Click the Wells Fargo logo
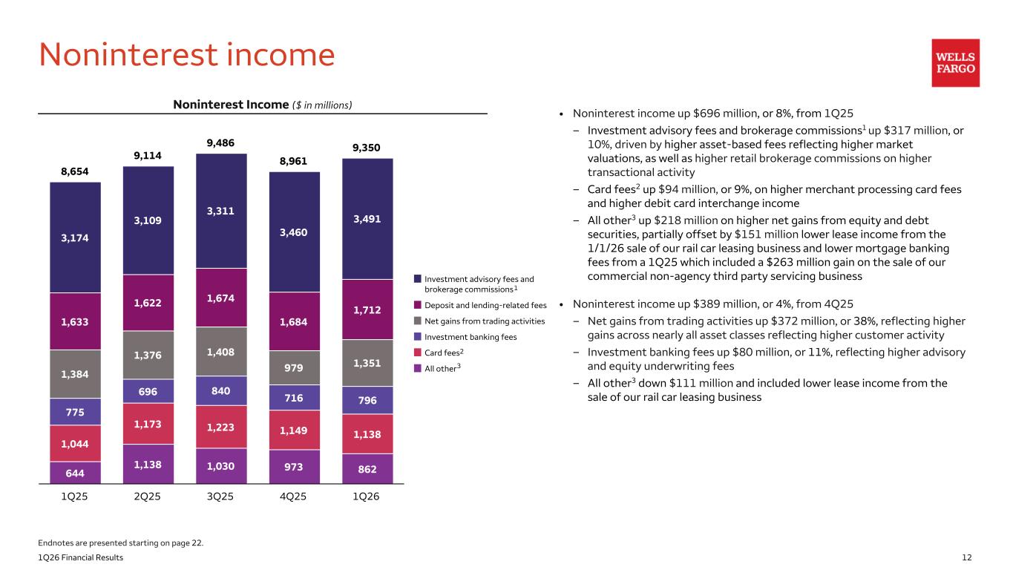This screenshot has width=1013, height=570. [x=955, y=63]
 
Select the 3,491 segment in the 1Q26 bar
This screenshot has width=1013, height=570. [x=367, y=219]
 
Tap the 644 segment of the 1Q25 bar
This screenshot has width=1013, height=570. [x=75, y=473]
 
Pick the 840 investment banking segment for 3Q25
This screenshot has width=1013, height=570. [x=221, y=390]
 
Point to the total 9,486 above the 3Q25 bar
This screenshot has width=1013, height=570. [x=221, y=142]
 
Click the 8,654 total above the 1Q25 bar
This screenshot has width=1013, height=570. [x=75, y=171]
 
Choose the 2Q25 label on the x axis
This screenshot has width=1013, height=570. [x=148, y=497]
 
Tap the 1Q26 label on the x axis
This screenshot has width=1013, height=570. [x=367, y=497]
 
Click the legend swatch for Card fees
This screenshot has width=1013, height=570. [x=418, y=352]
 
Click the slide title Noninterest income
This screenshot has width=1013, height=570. [x=187, y=55]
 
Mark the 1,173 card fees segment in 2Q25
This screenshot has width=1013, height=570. [x=148, y=424]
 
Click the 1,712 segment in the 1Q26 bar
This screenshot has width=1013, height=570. [x=367, y=309]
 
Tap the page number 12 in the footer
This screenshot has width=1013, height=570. [x=966, y=557]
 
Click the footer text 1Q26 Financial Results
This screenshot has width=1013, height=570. [x=81, y=557]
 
